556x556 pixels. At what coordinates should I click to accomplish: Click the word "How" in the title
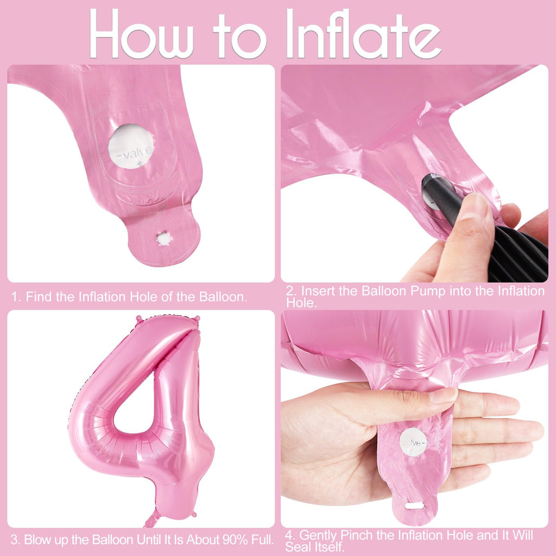pyautogui.click(x=141, y=34)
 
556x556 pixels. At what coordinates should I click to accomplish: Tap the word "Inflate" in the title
pyautogui.click(x=363, y=34)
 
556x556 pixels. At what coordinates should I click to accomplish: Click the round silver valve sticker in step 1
pyautogui.click(x=131, y=146)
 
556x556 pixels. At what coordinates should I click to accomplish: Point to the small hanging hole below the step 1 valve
pyautogui.click(x=164, y=238)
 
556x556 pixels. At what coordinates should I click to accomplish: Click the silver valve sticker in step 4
pyautogui.click(x=413, y=442)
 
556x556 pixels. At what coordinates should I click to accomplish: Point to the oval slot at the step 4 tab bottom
pyautogui.click(x=414, y=506)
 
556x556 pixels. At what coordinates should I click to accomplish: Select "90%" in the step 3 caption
pyautogui.click(x=235, y=540)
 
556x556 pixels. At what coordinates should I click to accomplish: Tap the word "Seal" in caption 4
pyautogui.click(x=299, y=547)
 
